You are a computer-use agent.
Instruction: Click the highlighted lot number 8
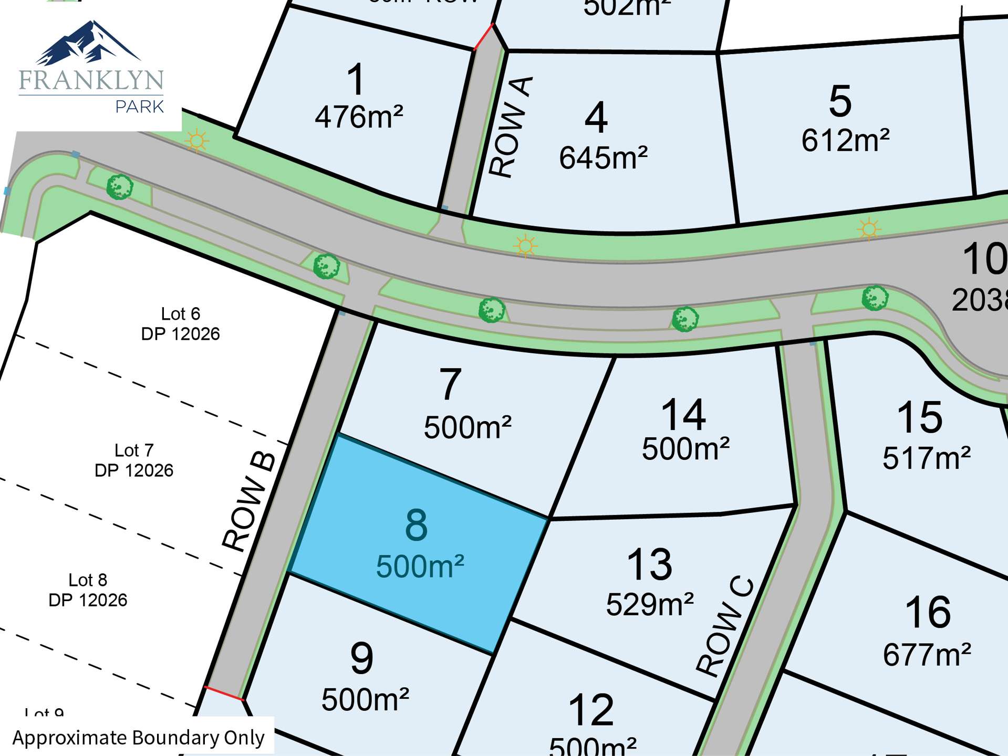click(x=417, y=525)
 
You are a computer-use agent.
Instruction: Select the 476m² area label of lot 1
click(x=359, y=117)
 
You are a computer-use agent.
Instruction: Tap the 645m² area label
click(x=603, y=158)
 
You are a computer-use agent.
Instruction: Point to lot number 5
click(x=840, y=101)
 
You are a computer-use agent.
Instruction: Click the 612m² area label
click(x=845, y=141)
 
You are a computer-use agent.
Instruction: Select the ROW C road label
click(x=725, y=626)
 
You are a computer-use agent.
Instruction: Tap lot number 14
click(x=683, y=415)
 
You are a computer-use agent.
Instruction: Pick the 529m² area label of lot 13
click(x=650, y=605)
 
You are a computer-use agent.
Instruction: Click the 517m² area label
click(x=927, y=458)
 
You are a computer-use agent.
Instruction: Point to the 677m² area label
click(x=927, y=655)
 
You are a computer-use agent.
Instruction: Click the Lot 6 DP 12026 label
click(x=180, y=324)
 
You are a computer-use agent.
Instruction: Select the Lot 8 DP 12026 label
click(x=88, y=590)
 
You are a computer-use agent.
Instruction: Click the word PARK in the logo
click(x=140, y=107)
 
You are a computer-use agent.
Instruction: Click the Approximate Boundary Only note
click(x=138, y=738)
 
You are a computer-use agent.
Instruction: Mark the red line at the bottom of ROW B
click(x=224, y=693)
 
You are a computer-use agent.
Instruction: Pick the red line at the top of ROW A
click(x=483, y=37)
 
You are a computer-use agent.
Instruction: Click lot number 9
click(x=362, y=658)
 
